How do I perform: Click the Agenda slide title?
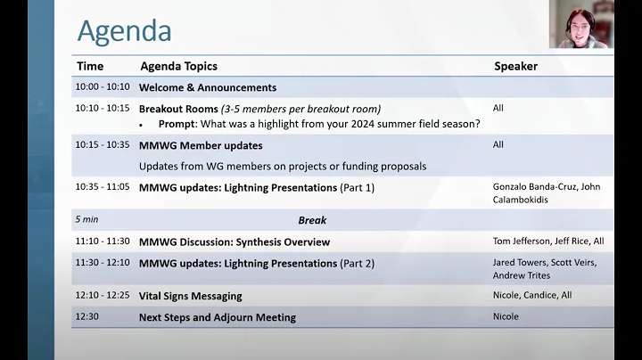[x=124, y=30]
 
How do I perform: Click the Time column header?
[x=90, y=66]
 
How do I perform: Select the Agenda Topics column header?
[x=178, y=66]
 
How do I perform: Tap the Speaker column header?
[x=515, y=66]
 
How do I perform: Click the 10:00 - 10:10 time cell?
[x=103, y=87]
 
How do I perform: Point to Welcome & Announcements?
[x=207, y=87]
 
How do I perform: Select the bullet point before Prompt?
[x=141, y=125]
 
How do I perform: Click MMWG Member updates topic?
[x=201, y=145]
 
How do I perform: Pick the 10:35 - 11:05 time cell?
[x=103, y=187]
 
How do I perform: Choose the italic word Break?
[x=312, y=220]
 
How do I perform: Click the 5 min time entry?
[x=87, y=220]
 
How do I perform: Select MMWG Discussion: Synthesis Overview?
[x=234, y=241]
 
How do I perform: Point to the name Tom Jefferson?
[x=522, y=241]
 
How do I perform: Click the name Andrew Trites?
[x=522, y=275]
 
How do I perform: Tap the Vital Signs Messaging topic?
[x=190, y=296]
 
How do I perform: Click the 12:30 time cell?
[x=87, y=317]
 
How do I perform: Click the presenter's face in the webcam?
[x=579, y=21]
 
